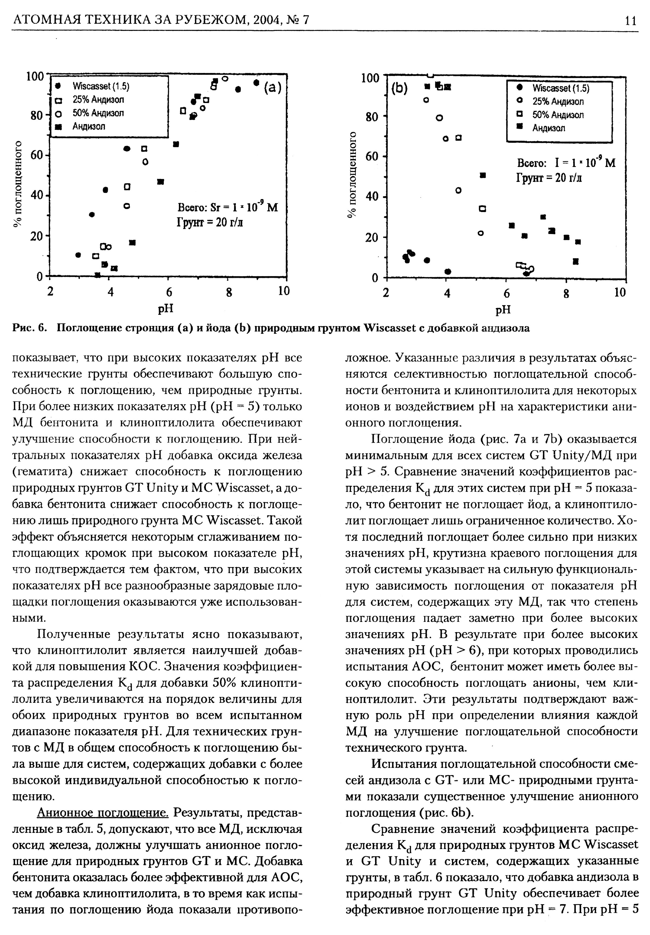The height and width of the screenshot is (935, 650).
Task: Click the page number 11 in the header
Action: [630, 20]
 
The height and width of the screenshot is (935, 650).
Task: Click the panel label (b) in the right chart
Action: [399, 89]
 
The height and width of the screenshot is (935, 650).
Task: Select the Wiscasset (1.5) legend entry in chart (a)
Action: [100, 86]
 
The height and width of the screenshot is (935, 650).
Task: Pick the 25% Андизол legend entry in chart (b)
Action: [558, 101]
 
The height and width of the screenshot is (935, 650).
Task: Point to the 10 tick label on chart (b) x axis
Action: [619, 292]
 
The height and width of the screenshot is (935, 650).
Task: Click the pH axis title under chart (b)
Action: [503, 310]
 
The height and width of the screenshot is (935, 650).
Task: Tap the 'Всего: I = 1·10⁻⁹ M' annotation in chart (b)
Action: [566, 163]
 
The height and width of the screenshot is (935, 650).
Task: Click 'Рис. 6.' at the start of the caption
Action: [29, 328]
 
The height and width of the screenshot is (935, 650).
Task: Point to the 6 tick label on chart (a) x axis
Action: [168, 292]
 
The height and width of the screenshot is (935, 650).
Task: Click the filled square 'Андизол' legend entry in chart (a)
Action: [88, 126]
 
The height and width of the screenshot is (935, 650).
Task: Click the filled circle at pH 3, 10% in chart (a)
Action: [78, 255]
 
